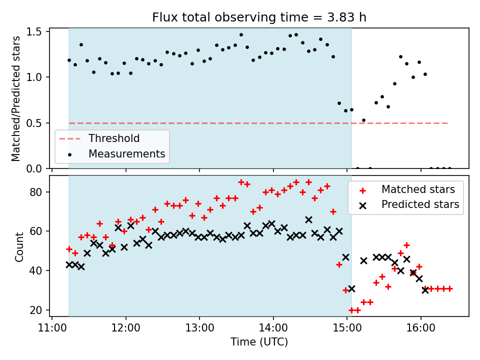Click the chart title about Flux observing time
pos(259,17)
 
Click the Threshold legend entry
pos(114,138)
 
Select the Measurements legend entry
pos(126,153)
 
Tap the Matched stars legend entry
pos(418,189)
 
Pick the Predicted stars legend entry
pos(420,204)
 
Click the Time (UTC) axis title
pos(259,342)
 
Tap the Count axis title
pos(19,246)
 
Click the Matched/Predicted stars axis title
pos(16,98)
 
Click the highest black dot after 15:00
pos(400,56)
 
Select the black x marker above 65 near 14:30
pos(308,219)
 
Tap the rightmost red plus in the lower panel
pos(449,288)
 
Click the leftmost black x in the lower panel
pos(69,264)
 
